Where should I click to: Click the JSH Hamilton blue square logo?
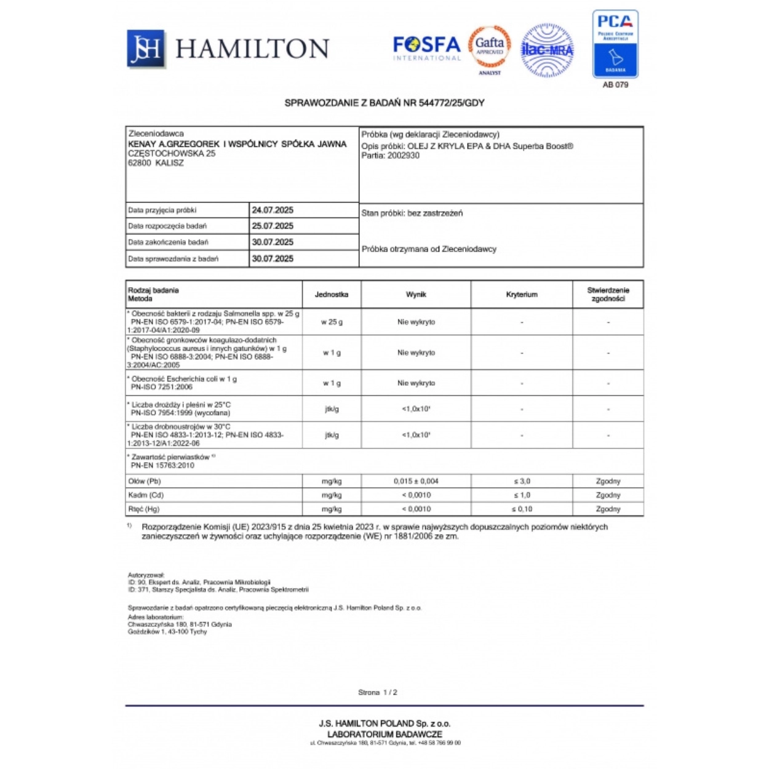tap(146, 48)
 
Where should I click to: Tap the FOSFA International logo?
tap(426, 48)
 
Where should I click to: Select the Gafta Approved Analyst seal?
tap(490, 49)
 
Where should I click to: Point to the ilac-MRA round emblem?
tap(547, 50)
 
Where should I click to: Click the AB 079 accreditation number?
tap(615, 85)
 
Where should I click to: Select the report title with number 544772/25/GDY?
tap(384, 103)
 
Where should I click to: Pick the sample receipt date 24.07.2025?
tap(273, 210)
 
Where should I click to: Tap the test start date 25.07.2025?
tap(273, 226)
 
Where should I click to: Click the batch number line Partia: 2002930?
tap(391, 156)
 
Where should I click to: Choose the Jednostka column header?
tap(332, 295)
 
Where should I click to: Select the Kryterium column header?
tap(522, 295)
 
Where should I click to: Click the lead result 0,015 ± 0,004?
tap(416, 481)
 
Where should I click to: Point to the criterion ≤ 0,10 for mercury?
tap(522, 509)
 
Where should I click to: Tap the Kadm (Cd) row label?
tap(146, 495)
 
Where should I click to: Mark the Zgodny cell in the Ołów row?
tap(608, 481)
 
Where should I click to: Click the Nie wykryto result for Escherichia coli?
tap(416, 383)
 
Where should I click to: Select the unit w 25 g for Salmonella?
tap(332, 322)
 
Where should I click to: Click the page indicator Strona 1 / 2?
tap(378, 693)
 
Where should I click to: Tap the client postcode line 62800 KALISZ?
tap(156, 163)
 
